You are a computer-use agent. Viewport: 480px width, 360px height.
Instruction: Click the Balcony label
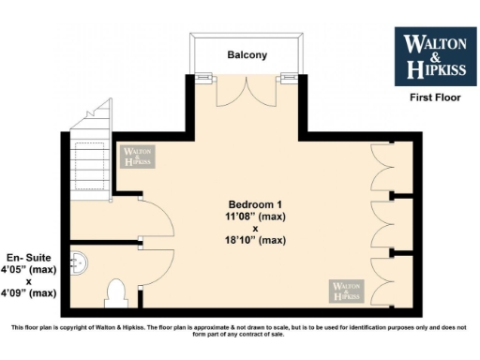tap(247, 55)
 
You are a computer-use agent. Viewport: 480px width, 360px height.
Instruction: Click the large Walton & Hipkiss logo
tap(434, 55)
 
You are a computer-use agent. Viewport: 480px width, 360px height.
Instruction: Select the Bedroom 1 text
tap(255, 204)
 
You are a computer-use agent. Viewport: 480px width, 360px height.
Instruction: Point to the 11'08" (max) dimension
tap(255, 217)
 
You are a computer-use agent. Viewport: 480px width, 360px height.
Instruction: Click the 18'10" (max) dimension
tap(255, 241)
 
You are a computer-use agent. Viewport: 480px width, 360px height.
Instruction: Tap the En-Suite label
tap(28, 258)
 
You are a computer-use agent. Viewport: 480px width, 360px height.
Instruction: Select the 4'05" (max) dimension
tap(28, 269)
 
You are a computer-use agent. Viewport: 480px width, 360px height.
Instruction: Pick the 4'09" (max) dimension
tap(28, 292)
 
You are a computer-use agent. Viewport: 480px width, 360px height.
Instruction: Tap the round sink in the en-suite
tap(82, 262)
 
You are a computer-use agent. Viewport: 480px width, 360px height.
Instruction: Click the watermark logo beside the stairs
tap(137, 157)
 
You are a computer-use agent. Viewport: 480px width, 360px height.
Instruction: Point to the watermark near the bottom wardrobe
tap(346, 290)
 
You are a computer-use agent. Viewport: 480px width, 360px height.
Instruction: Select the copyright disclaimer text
tap(240, 331)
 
